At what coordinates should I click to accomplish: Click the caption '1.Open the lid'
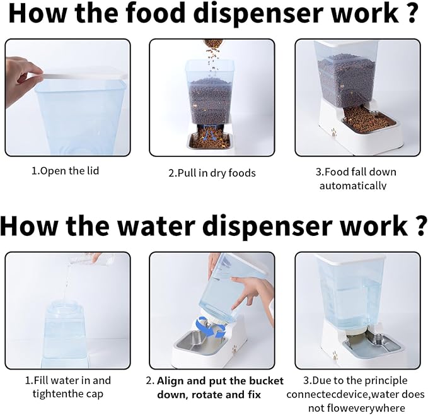tap(65, 171)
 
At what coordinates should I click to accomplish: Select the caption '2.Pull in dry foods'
tap(212, 173)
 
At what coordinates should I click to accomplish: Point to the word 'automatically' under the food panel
tap(353, 186)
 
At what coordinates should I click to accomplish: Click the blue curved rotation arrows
tap(210, 327)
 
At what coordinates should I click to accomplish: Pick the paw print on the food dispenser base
tap(334, 132)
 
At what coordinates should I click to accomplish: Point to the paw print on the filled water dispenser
tap(335, 355)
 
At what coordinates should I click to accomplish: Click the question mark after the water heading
tap(421, 226)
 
